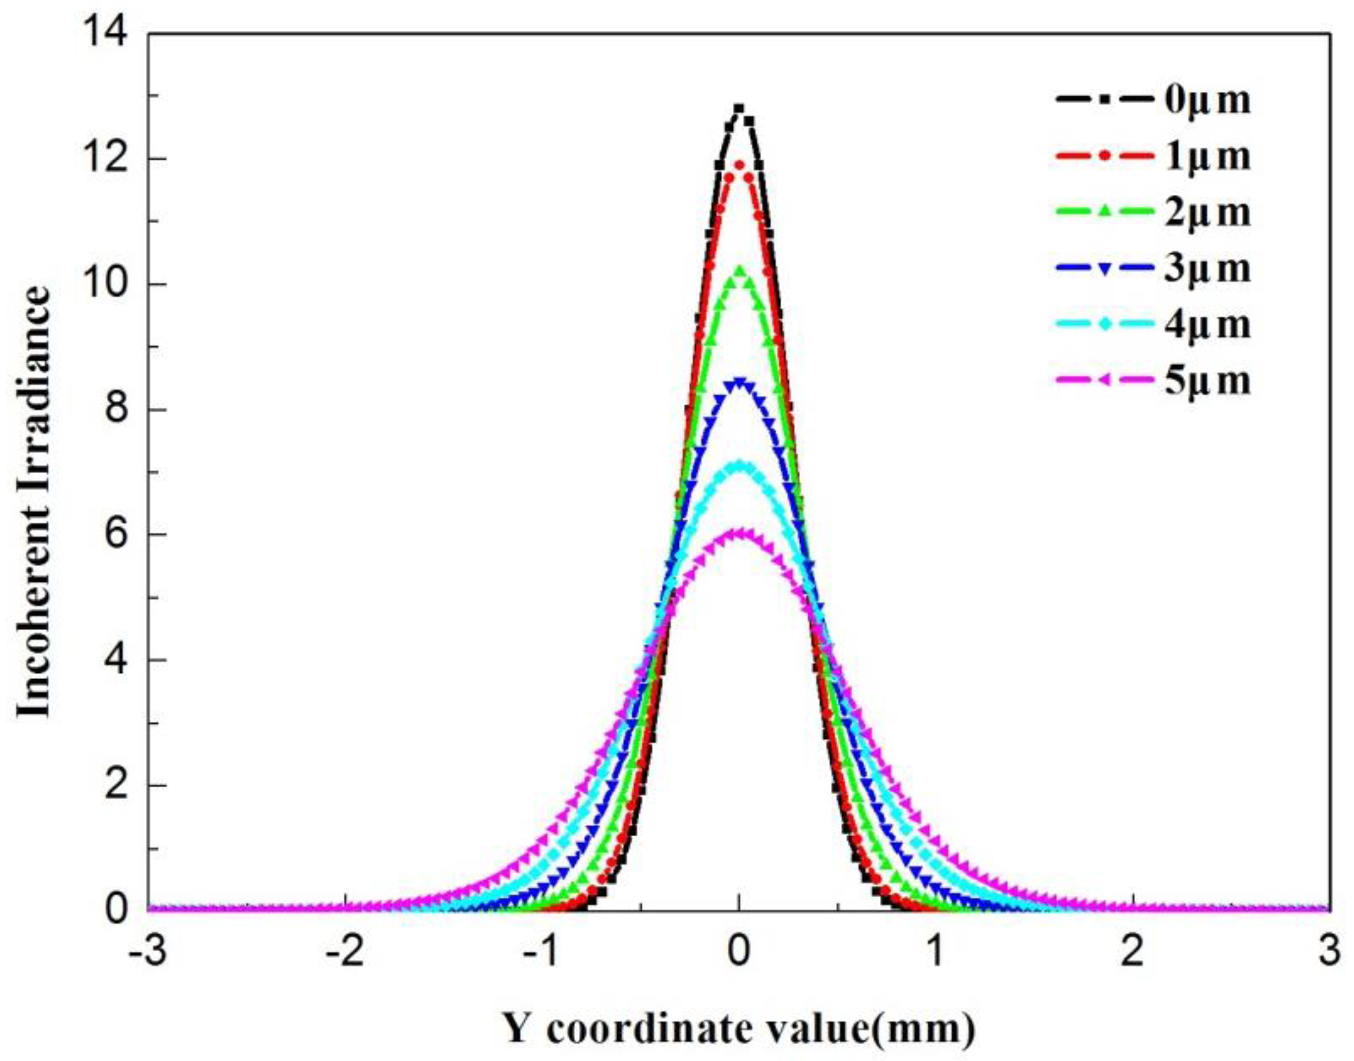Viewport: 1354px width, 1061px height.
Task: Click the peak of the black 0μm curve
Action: [x=739, y=109]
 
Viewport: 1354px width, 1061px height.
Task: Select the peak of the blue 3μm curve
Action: [x=739, y=381]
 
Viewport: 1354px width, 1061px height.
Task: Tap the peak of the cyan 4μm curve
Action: [x=739, y=463]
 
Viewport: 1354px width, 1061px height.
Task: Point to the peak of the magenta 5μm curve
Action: [x=739, y=533]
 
